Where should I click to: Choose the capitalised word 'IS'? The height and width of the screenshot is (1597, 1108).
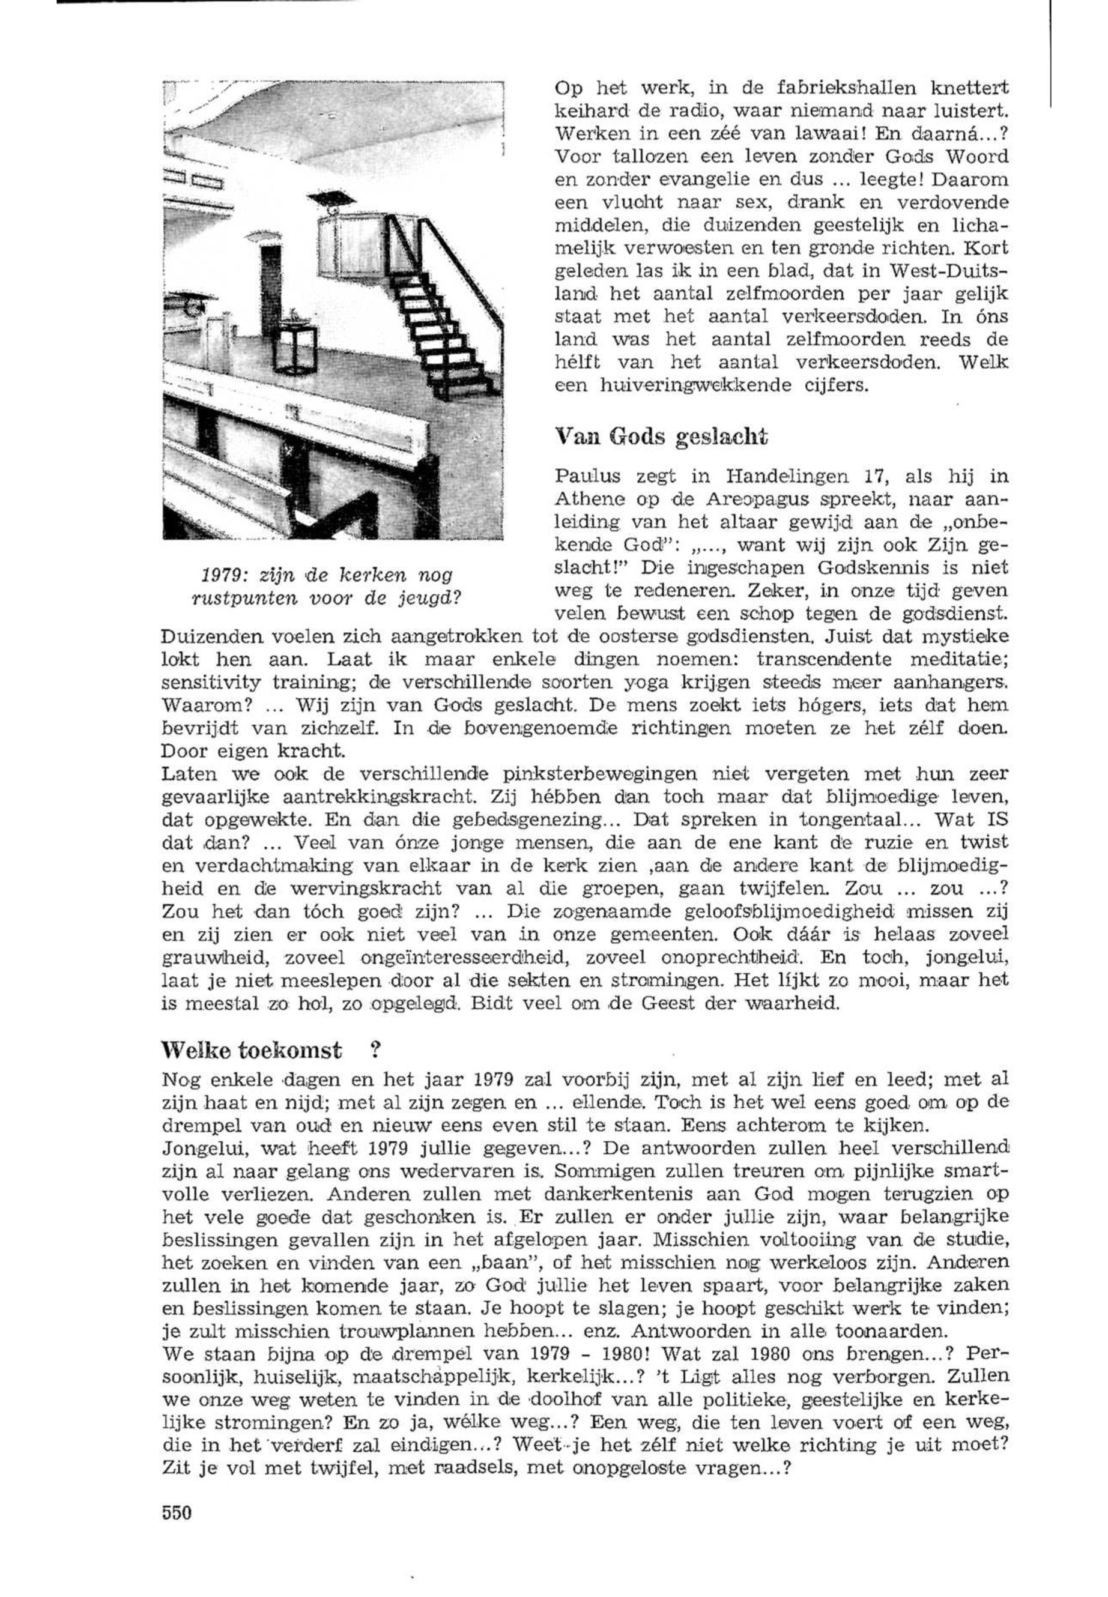tap(993, 819)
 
